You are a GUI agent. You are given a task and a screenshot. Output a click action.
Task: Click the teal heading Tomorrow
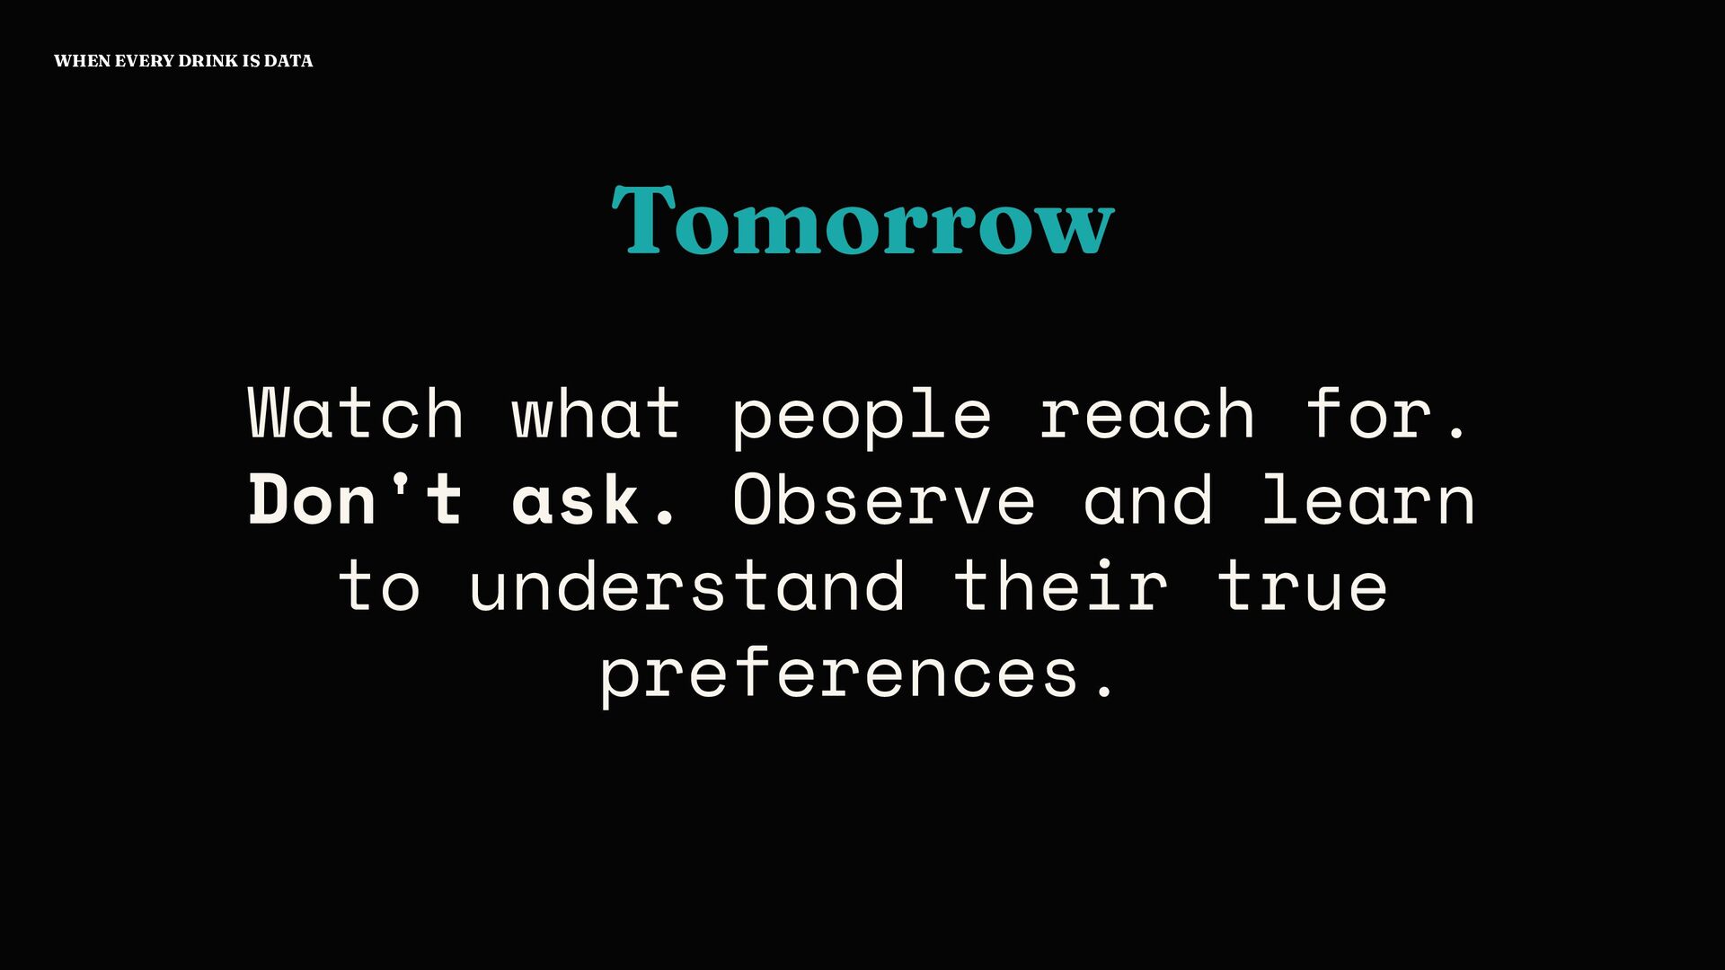point(862,219)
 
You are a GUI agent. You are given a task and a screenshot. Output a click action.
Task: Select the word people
point(862,418)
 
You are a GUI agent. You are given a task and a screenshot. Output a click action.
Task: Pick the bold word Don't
point(356,499)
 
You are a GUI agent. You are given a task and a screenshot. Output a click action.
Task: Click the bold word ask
point(593,499)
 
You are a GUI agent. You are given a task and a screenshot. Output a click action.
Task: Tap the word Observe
point(883,499)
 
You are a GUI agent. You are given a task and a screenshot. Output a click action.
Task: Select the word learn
point(1368,499)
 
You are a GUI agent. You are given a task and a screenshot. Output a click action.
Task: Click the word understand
point(686,586)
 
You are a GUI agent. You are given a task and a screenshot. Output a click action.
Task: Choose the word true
point(1303,586)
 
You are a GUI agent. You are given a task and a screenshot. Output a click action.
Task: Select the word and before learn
point(1148,499)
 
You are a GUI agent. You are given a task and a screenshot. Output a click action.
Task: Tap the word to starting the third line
point(378,586)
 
